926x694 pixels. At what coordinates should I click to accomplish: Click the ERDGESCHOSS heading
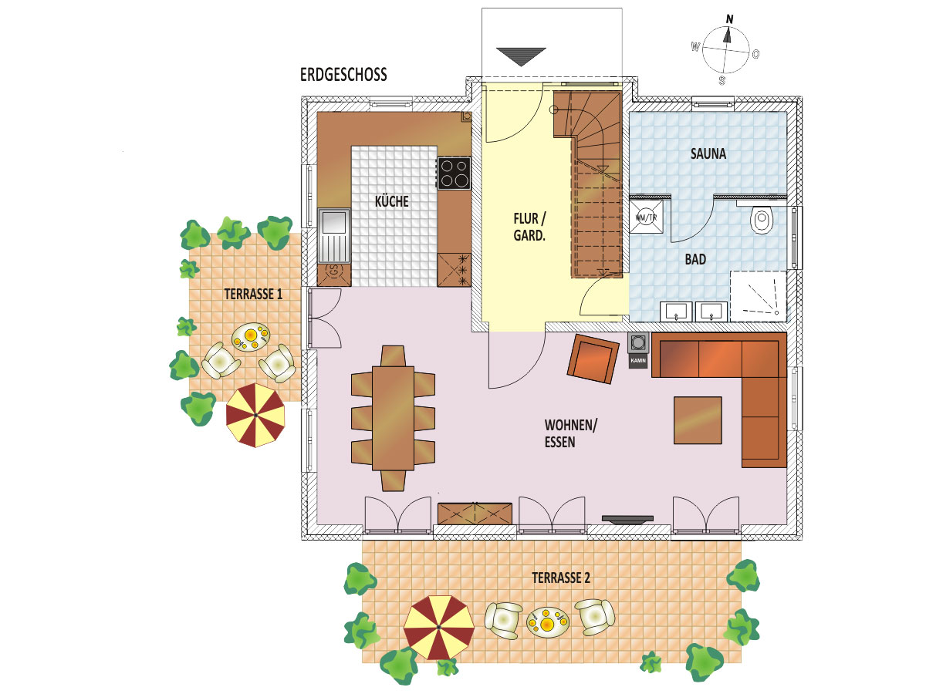(343, 75)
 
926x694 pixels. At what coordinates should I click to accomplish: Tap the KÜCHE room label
(391, 201)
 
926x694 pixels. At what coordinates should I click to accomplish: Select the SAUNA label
(708, 153)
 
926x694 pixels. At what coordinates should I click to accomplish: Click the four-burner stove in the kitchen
(454, 173)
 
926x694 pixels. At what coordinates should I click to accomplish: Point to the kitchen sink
(333, 235)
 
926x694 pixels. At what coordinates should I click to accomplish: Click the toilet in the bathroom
(762, 219)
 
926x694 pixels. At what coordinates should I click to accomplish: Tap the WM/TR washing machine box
(646, 217)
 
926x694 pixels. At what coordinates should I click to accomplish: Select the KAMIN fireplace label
(638, 361)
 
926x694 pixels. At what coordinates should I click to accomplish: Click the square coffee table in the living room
(698, 420)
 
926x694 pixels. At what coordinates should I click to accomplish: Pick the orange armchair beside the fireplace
(593, 359)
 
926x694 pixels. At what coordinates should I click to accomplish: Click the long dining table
(393, 419)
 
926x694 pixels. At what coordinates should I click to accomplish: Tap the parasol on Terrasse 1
(255, 415)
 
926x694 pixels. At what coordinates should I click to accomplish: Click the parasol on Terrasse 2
(439, 627)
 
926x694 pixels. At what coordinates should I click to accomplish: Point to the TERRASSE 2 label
(561, 578)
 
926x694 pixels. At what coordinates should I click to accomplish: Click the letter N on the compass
(729, 19)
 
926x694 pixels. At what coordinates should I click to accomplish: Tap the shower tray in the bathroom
(759, 296)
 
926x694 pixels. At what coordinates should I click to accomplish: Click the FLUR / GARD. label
(529, 227)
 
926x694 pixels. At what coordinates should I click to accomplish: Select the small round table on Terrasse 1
(251, 337)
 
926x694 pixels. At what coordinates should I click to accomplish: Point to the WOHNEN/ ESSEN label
(570, 433)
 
